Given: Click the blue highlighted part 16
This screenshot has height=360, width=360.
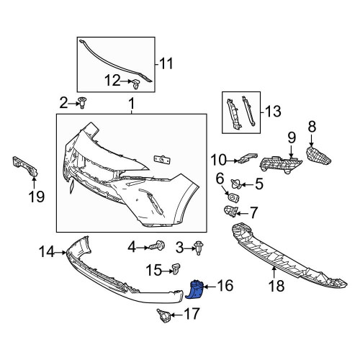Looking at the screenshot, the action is [x=196, y=290].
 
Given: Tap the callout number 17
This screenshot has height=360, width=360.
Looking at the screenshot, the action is [x=192, y=314].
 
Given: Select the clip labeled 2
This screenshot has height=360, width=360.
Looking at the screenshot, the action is [x=83, y=103].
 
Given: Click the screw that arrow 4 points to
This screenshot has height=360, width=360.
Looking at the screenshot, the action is [x=157, y=246].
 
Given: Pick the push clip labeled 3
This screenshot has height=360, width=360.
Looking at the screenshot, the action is [x=199, y=248].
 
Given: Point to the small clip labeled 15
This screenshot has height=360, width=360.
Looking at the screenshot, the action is [x=176, y=269].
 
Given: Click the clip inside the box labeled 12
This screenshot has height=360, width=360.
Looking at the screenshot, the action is [x=136, y=84].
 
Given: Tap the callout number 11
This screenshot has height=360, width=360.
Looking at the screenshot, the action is [x=166, y=63].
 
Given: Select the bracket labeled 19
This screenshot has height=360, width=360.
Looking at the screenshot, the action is [x=25, y=166].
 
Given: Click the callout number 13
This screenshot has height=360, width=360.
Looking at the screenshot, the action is [x=273, y=112].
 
